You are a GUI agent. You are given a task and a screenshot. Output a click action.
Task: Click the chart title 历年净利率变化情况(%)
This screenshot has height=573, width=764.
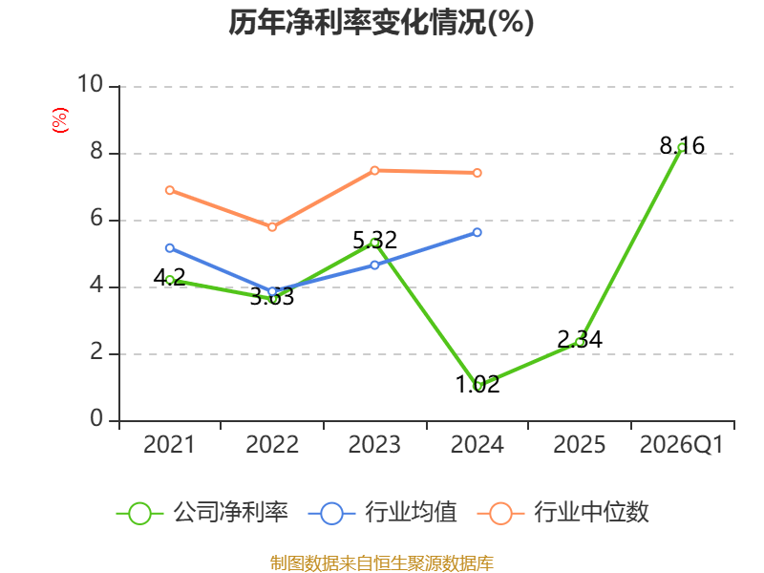381,22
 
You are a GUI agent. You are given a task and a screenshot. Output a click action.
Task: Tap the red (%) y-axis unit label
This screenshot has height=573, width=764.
60,120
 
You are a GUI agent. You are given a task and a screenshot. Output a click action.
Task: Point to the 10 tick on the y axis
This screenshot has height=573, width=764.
91,84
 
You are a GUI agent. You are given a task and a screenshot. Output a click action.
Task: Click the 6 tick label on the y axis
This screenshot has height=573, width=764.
96,219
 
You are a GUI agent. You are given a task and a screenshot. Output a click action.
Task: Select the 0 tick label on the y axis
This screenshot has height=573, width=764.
96,418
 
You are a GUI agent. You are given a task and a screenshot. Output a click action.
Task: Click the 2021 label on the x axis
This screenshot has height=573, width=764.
169,445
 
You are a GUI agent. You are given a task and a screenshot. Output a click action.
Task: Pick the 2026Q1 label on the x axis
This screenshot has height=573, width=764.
681,445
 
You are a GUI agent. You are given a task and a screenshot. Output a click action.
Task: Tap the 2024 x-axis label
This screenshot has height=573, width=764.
477,445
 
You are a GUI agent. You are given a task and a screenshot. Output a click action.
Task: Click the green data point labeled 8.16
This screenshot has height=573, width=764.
682,147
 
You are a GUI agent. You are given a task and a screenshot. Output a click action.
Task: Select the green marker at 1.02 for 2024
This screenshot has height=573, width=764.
478,387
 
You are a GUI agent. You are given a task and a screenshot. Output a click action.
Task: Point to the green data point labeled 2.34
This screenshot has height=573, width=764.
580,342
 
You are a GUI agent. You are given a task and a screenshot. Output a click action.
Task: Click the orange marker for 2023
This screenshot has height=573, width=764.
374,171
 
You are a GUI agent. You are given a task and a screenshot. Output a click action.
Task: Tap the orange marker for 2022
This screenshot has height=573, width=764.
272,227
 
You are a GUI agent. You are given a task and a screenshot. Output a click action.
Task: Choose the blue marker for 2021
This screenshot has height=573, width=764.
170,248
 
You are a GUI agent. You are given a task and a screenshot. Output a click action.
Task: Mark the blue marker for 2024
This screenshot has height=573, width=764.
477,232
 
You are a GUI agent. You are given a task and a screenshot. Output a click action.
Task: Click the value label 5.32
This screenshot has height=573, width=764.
374,241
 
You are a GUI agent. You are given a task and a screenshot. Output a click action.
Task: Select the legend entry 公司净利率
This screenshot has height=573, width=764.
202,513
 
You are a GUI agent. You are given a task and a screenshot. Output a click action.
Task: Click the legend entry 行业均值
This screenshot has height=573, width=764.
383,513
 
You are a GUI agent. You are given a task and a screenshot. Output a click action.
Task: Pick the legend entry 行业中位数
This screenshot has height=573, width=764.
563,513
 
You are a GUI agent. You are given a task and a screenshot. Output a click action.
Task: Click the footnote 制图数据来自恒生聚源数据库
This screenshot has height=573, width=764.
381,563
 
